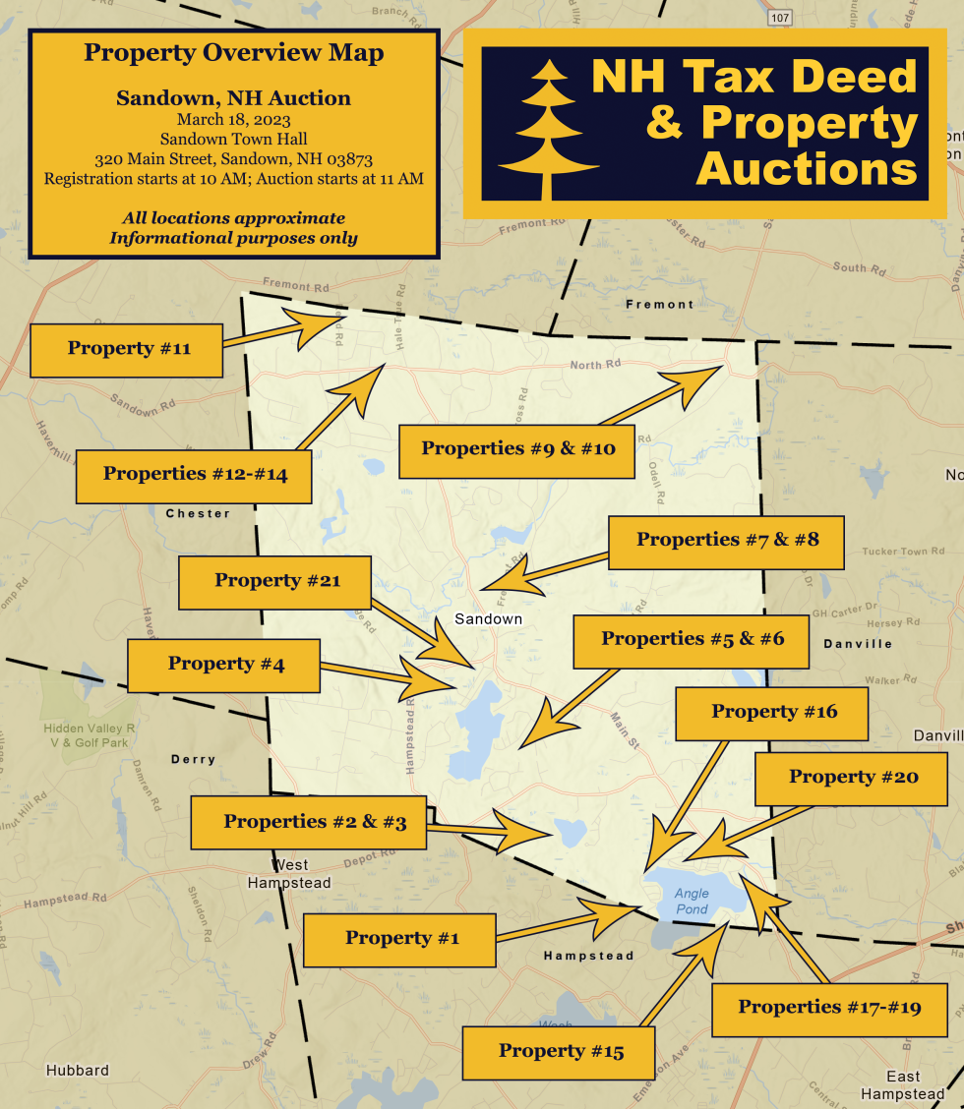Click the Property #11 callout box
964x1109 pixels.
127,349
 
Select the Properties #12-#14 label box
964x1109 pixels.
195,475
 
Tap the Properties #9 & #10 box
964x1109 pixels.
517,449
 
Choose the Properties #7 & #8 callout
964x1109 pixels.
727,540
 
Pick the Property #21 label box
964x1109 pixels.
276,581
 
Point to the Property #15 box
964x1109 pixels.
560,1052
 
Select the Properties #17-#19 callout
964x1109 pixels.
828,1008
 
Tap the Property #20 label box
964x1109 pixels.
852,778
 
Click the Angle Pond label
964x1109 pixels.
692,902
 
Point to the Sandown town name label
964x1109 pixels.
488,619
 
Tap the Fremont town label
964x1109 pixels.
659,305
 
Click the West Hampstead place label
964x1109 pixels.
288,874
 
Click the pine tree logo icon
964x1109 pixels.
548,129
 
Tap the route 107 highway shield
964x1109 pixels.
780,18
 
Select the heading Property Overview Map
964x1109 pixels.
233,53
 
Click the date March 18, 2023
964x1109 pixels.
233,120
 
